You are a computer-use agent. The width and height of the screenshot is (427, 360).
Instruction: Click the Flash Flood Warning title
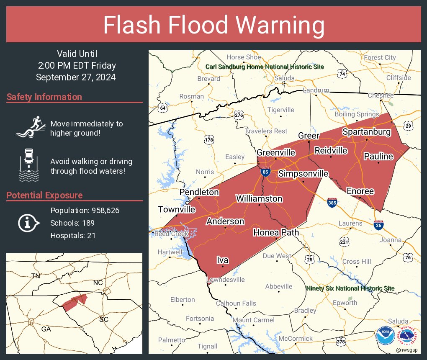(x=213, y=26)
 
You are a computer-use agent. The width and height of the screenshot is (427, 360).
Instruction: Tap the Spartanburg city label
(x=366, y=132)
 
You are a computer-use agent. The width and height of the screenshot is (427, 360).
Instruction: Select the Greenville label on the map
(x=276, y=153)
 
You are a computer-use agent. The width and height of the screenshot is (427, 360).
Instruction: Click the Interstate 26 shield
(x=379, y=225)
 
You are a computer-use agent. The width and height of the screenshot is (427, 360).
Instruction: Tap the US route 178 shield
(x=209, y=139)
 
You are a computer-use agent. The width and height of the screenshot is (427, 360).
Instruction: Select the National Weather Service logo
(x=408, y=336)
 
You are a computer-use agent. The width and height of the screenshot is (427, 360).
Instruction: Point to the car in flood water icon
(x=28, y=165)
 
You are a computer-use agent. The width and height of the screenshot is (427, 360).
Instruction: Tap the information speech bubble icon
(x=28, y=223)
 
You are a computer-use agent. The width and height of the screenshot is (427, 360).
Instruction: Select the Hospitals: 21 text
(x=73, y=236)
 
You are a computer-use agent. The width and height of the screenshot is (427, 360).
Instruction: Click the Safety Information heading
(x=44, y=97)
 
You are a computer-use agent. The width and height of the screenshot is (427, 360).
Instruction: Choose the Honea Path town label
(x=276, y=233)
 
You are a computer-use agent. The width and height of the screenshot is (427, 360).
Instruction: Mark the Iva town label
(x=222, y=260)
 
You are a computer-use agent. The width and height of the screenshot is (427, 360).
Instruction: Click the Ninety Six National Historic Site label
(x=350, y=288)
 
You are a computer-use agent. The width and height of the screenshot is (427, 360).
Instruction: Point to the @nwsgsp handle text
(x=406, y=350)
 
